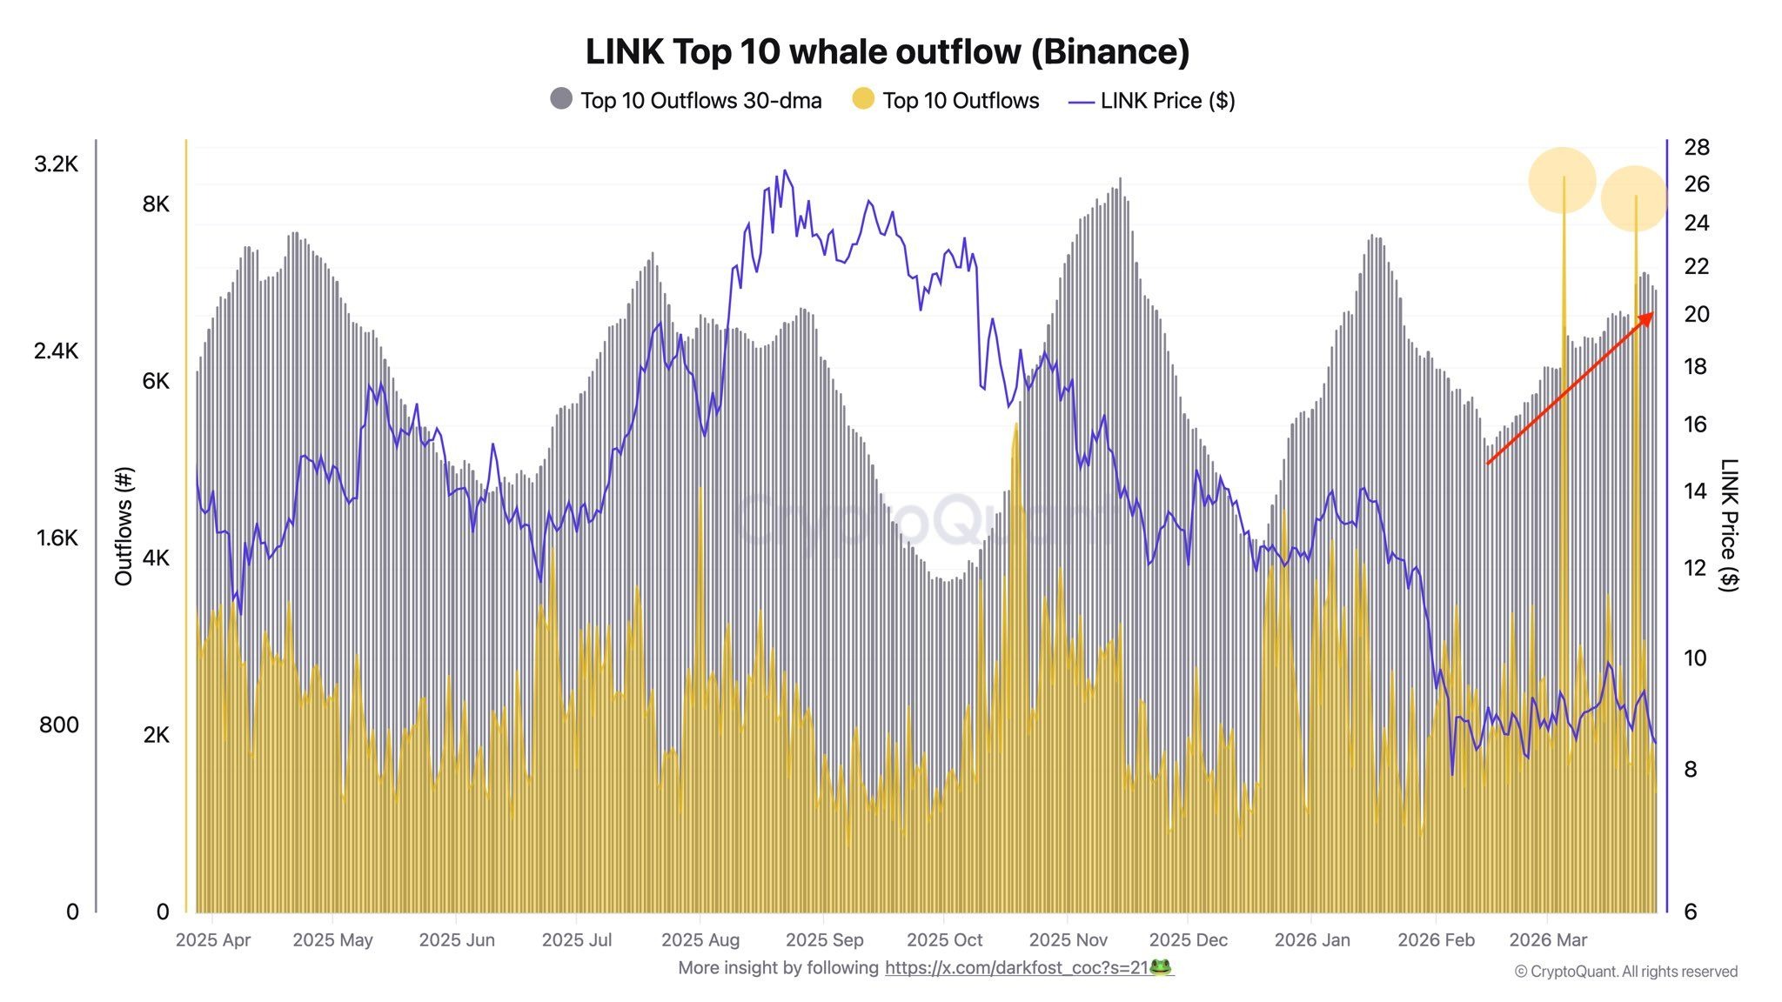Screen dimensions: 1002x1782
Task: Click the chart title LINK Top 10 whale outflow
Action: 887,52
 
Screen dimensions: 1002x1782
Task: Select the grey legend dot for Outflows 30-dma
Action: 561,99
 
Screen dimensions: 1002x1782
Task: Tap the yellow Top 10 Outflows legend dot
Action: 862,99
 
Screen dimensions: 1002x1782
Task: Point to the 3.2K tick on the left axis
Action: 56,164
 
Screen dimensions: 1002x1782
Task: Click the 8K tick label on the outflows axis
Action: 156,204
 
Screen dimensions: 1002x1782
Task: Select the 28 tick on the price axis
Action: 1697,147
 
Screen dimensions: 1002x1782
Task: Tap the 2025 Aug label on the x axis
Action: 700,940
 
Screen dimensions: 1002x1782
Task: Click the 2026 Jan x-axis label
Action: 1311,940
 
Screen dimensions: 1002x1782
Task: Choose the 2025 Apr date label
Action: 212,940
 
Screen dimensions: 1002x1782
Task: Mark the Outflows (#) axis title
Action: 124,526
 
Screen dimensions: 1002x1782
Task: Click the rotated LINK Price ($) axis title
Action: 1729,525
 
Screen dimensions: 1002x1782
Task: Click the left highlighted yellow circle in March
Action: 1562,180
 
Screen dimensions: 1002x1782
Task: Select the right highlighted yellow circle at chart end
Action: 1634,198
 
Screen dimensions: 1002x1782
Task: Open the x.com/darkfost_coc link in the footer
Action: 1017,967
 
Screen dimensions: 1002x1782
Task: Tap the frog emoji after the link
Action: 1161,967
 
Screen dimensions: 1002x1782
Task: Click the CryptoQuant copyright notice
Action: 1625,972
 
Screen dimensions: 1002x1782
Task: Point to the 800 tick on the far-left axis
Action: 58,725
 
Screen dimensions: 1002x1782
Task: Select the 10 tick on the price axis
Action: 1695,658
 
